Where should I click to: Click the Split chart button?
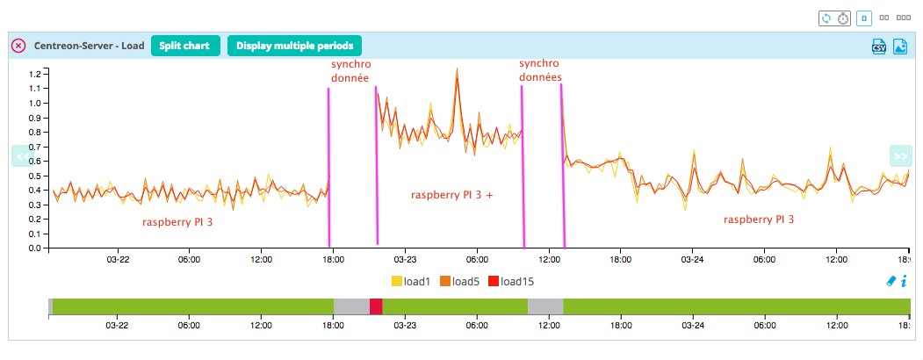(184, 46)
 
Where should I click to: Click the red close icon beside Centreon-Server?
(18, 46)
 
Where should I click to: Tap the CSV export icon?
(877, 47)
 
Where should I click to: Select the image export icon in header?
(899, 47)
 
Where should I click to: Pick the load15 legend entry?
(510, 281)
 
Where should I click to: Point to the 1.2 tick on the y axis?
(36, 74)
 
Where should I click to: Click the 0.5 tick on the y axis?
(36, 176)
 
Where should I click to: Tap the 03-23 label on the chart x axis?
(405, 259)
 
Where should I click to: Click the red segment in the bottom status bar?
(376, 306)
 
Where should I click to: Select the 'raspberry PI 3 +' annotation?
(451, 195)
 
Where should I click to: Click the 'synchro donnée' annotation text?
(350, 71)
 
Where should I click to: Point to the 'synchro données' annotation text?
(540, 70)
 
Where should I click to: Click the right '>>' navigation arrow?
(900, 156)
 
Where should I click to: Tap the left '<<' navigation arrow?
(21, 156)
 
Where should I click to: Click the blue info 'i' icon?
(904, 281)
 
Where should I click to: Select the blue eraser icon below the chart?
(891, 281)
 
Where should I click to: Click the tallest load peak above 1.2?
(458, 70)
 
